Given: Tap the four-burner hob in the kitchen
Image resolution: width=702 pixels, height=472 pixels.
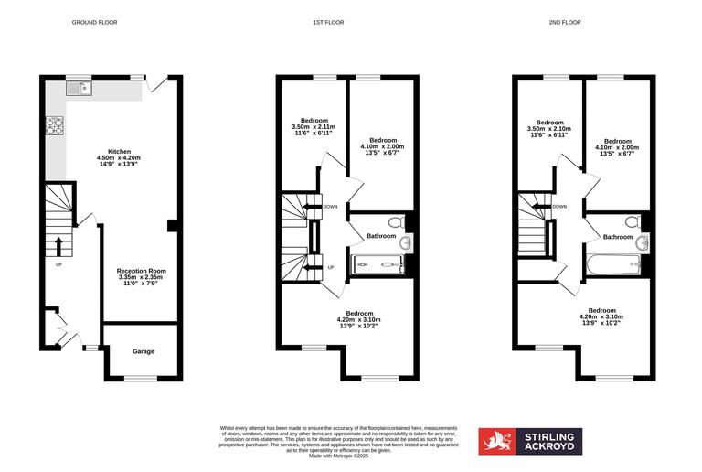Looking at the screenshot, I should [x=54, y=126].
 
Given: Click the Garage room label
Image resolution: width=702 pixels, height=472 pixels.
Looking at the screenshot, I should [x=143, y=351].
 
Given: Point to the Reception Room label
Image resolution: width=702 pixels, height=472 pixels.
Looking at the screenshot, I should [x=141, y=271].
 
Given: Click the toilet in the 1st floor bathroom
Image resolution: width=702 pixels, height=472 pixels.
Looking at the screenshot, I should [x=395, y=222].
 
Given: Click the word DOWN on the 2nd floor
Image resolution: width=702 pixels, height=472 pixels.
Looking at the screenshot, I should [x=559, y=207].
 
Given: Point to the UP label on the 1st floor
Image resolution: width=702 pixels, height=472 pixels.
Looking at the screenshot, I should [x=331, y=267].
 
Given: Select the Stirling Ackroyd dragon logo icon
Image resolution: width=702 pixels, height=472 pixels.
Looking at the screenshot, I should [x=497, y=441].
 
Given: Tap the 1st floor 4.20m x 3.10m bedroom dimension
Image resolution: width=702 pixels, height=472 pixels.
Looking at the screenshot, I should [x=357, y=319].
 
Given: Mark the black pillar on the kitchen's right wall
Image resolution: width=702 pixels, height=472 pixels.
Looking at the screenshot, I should [x=172, y=226].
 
